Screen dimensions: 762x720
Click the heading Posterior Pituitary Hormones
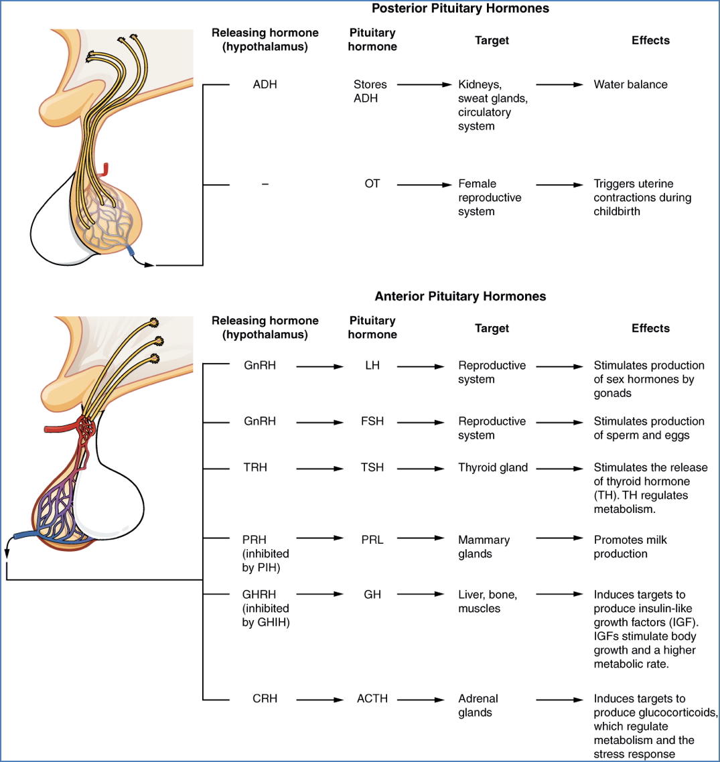pyautogui.click(x=460, y=9)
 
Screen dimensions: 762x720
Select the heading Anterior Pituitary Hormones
pyautogui.click(x=460, y=296)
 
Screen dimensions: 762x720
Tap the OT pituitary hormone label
pyautogui.click(x=372, y=183)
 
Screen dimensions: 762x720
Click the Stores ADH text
pyautogui.click(x=370, y=92)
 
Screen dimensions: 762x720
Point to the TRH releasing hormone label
pyautogui.click(x=255, y=467)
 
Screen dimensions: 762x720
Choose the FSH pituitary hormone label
pyautogui.click(x=372, y=422)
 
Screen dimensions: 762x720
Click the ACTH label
pyautogui.click(x=372, y=698)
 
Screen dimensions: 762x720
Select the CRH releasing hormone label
pyautogui.click(x=265, y=698)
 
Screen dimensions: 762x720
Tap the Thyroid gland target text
pyautogui.click(x=492, y=467)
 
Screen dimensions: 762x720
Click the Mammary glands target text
pyautogui.click(x=484, y=547)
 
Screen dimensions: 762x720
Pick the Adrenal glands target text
pyautogui.click(x=478, y=706)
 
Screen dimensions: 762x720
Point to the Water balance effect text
pyautogui.click(x=630, y=85)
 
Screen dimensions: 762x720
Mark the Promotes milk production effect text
pyautogui.click(x=630, y=547)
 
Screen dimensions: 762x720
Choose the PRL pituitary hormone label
pyautogui.click(x=372, y=540)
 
